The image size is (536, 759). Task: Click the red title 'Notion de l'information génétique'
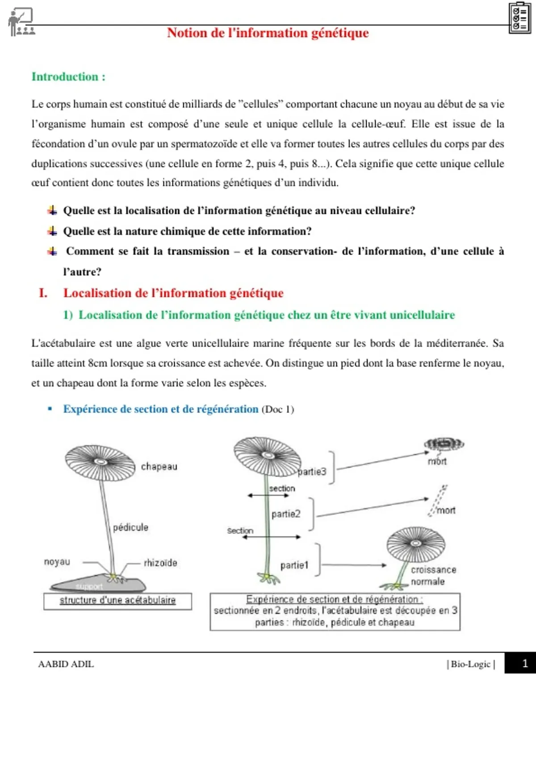(268, 33)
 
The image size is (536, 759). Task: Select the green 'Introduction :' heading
(68, 77)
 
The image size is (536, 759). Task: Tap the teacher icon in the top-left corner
(21, 22)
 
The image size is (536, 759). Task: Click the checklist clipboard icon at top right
(519, 18)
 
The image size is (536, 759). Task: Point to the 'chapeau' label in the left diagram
(159, 467)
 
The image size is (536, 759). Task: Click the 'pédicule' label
(130, 527)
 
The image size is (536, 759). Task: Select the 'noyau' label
(57, 562)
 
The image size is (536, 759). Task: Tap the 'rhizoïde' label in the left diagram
(160, 563)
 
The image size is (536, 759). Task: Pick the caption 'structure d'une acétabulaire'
(117, 601)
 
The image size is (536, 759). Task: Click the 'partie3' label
(312, 471)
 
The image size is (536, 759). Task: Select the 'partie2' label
(286, 514)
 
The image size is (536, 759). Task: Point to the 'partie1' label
(294, 565)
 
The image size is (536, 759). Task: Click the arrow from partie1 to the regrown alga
(353, 565)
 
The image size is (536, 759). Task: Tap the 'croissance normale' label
(433, 576)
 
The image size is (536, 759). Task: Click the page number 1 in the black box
(525, 663)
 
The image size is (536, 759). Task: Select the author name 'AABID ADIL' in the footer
(66, 664)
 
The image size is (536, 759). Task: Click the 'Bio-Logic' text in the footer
(471, 664)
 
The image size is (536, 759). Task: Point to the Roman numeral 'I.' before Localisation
(43, 293)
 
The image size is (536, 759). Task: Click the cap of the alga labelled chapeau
(100, 462)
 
